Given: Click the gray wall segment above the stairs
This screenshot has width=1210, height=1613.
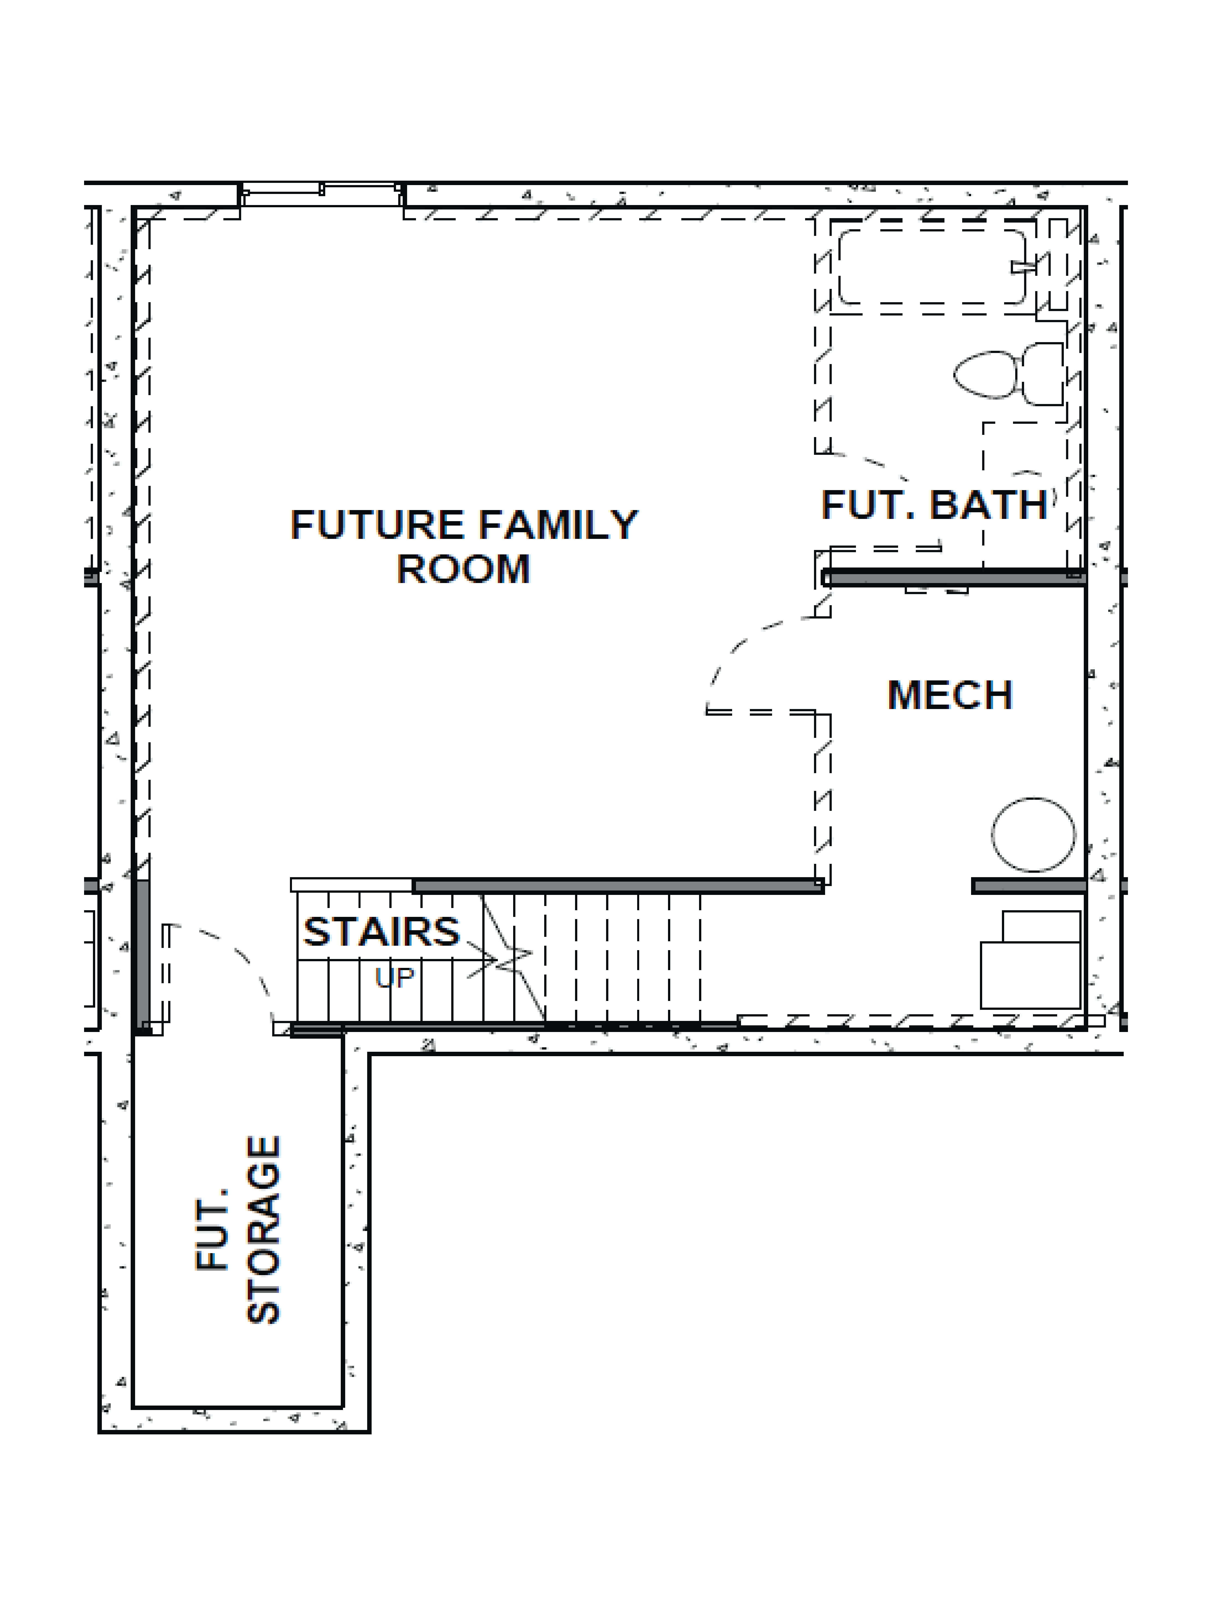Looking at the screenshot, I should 616,886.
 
